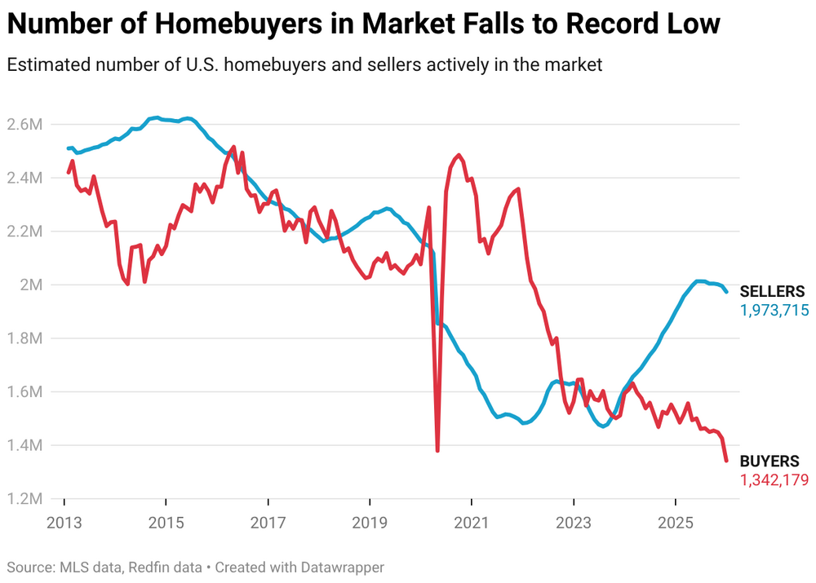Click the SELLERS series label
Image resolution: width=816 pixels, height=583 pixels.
pyautogui.click(x=772, y=292)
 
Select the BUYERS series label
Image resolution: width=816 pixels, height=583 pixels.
pyautogui.click(x=769, y=462)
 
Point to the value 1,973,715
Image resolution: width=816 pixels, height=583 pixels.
pyautogui.click(x=774, y=310)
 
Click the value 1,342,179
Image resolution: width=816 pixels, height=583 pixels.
pyautogui.click(x=774, y=480)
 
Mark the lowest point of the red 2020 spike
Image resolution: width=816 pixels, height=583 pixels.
pyautogui.click(x=437, y=450)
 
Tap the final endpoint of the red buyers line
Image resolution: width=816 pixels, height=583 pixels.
pyautogui.click(x=726, y=461)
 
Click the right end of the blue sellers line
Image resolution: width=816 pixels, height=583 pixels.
pyautogui.click(x=726, y=291)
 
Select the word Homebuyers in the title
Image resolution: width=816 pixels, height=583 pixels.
pyautogui.click(x=213, y=24)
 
